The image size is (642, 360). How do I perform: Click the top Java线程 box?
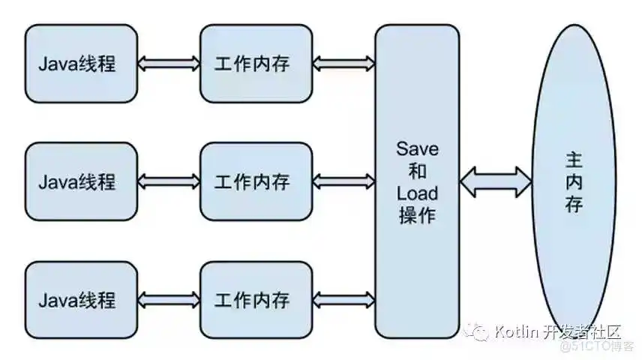[81, 64]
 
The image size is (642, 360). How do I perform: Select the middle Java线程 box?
[81, 181]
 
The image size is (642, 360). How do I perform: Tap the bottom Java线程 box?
[81, 300]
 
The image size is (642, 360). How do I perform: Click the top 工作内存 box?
[256, 64]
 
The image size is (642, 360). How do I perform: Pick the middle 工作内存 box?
[256, 181]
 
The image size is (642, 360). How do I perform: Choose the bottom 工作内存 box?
[256, 300]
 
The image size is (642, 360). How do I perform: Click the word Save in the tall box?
[417, 149]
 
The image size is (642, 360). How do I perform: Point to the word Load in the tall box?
[417, 193]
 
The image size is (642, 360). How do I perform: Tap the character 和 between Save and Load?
[417, 172]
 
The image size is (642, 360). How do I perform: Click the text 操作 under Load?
[417, 216]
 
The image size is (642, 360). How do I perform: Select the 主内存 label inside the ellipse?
[574, 181]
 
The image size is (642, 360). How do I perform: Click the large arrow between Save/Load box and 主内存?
[496, 181]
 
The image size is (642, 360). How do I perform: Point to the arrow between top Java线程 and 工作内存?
[169, 64]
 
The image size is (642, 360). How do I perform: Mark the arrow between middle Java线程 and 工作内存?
[169, 181]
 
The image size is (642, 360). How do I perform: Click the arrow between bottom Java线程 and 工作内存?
[169, 300]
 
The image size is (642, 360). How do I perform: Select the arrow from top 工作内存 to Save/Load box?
[343, 64]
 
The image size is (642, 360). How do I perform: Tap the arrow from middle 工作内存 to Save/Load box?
[343, 181]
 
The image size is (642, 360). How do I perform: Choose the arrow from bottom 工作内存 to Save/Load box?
[343, 300]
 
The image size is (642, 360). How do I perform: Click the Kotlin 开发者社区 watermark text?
[558, 331]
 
